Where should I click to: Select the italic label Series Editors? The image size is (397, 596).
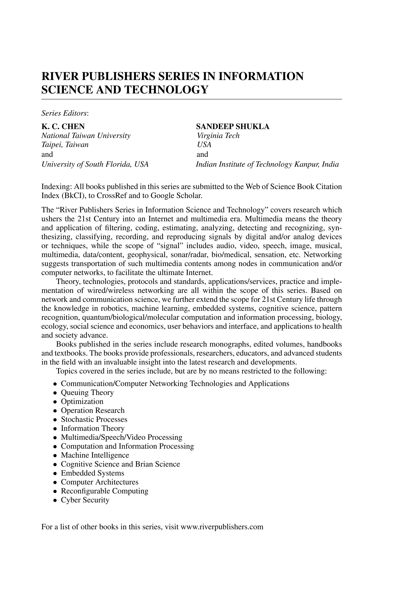coord(65,113)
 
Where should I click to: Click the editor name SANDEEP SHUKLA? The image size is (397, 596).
coord(233,126)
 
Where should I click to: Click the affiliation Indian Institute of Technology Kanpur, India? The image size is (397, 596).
coord(267,164)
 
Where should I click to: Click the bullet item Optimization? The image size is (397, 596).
coord(82,401)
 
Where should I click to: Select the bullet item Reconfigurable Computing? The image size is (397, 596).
coord(104,491)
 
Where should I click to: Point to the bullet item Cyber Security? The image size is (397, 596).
coord(85,500)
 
